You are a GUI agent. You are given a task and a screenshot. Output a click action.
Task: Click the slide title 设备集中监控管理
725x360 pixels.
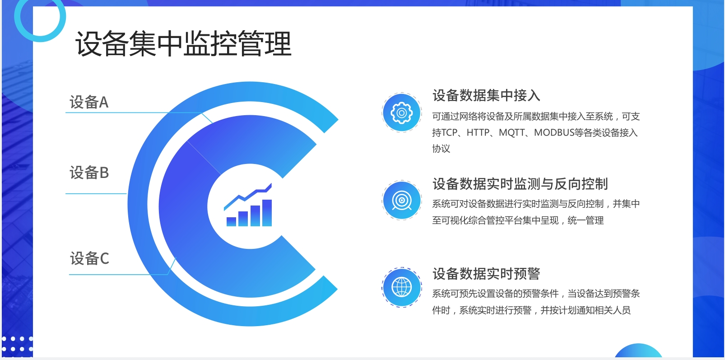[x=184, y=44]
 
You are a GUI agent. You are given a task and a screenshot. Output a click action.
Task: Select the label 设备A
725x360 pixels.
[x=89, y=102]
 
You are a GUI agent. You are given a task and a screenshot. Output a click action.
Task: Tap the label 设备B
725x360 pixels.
[x=89, y=173]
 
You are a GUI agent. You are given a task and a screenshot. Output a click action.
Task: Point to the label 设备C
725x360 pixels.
[x=89, y=258]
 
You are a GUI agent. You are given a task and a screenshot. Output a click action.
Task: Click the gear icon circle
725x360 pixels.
[x=402, y=112]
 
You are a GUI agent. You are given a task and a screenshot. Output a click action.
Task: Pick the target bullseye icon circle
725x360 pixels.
[x=402, y=201]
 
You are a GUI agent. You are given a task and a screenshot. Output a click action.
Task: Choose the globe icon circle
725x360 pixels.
[x=402, y=287]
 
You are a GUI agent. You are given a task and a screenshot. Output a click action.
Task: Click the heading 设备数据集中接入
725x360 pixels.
[x=486, y=95]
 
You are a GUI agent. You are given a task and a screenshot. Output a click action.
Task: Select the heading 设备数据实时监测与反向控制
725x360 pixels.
[x=520, y=183]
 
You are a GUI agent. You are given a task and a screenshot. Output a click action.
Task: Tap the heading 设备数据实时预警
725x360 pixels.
[x=486, y=274]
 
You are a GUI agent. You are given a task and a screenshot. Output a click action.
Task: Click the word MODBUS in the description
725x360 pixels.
[x=554, y=132]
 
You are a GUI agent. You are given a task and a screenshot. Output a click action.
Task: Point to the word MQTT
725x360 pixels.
[x=512, y=132]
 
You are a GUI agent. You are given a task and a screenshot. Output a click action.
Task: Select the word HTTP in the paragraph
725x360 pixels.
[x=478, y=132]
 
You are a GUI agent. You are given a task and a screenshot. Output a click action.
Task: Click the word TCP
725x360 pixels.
[x=449, y=132]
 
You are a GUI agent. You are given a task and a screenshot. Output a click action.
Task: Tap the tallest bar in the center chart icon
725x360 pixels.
[x=267, y=213]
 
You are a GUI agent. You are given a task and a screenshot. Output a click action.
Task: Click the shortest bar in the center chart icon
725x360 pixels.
[x=232, y=222]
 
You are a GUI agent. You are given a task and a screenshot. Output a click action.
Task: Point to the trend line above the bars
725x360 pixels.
[x=248, y=197]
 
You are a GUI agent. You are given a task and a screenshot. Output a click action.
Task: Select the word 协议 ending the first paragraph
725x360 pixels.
[x=441, y=149]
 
